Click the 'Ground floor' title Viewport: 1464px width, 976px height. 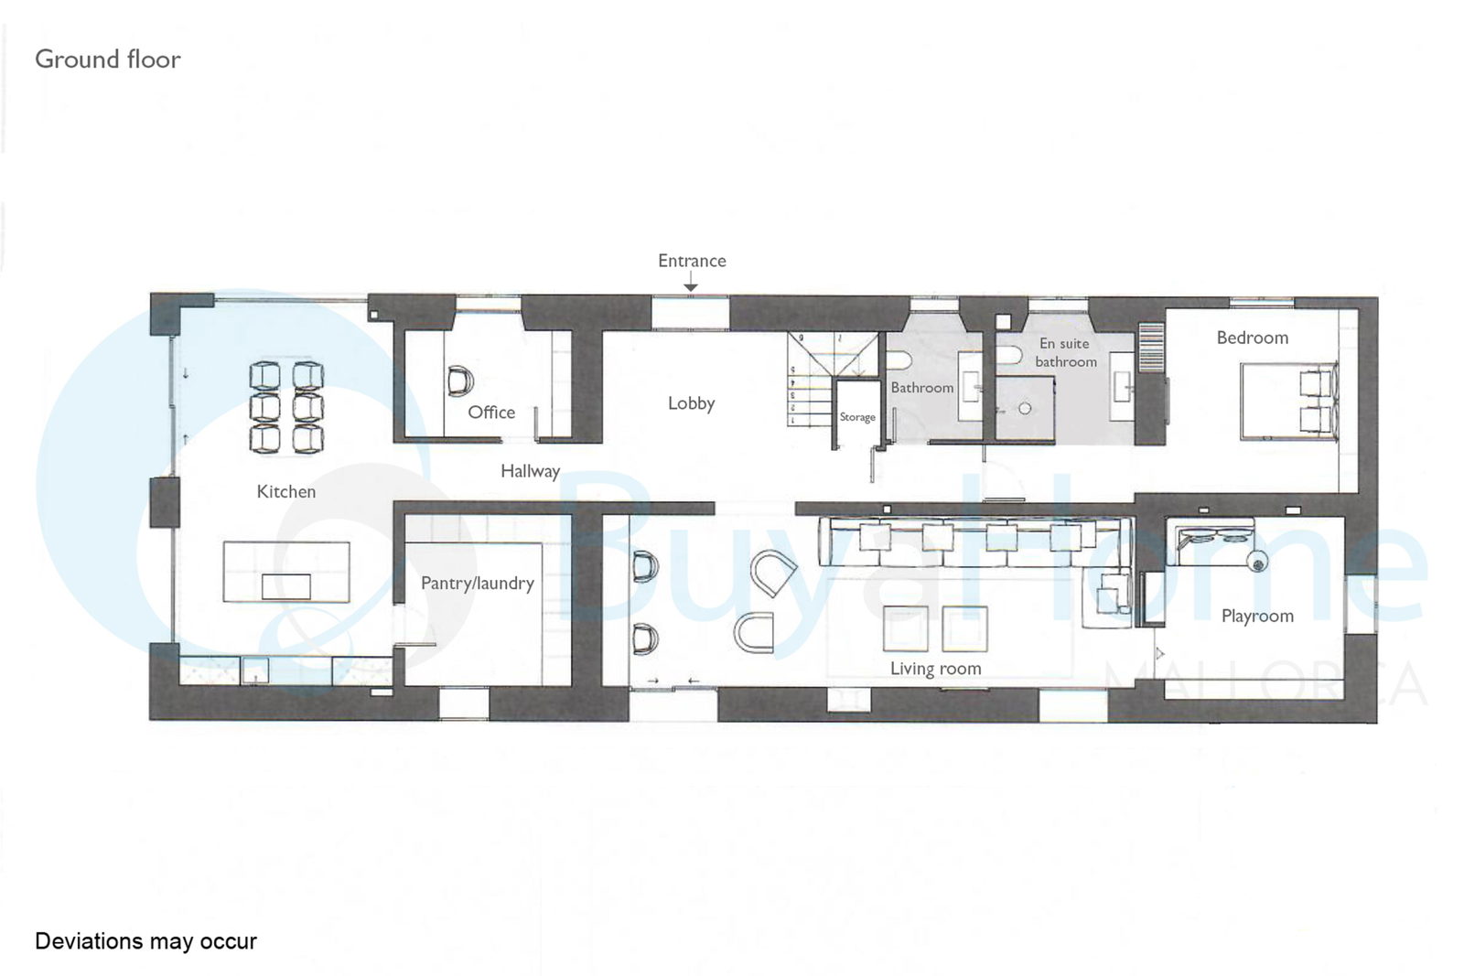click(108, 59)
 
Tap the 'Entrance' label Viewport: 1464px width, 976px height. click(692, 261)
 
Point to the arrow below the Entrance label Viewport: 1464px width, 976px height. click(690, 282)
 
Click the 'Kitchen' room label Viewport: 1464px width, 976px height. click(285, 491)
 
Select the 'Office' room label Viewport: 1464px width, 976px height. click(491, 413)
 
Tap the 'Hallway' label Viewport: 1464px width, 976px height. click(530, 471)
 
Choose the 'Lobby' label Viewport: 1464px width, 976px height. click(691, 403)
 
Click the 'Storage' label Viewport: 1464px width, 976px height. click(856, 417)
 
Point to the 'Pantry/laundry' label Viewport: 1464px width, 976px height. click(477, 583)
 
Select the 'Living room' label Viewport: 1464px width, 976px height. click(935, 669)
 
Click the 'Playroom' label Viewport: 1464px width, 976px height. click(1257, 616)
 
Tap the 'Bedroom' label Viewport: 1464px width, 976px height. click(1253, 338)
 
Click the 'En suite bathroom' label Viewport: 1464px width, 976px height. click(1065, 352)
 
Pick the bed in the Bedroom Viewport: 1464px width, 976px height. click(1288, 402)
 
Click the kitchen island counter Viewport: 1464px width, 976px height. click(286, 572)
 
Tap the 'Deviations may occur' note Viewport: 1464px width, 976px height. click(145, 940)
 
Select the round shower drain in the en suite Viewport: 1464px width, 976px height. click(1025, 409)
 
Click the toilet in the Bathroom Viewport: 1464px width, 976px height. click(899, 359)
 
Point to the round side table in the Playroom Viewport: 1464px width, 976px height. click(1257, 561)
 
